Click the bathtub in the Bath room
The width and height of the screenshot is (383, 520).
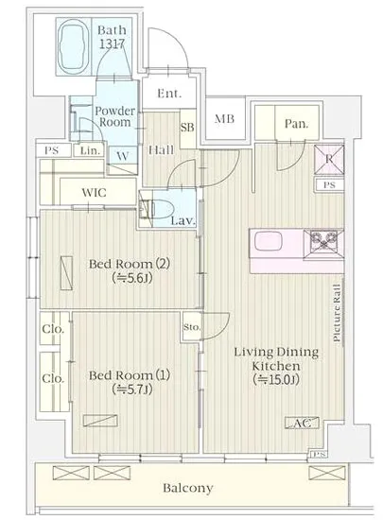click(x=73, y=46)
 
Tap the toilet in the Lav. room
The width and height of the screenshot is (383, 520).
click(x=161, y=209)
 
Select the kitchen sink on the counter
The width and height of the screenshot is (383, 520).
click(x=269, y=241)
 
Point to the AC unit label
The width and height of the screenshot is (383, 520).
click(x=302, y=423)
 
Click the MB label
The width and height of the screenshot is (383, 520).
click(x=224, y=119)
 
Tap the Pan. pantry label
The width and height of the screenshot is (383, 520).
click(x=296, y=124)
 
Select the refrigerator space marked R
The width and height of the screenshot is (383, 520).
click(x=329, y=160)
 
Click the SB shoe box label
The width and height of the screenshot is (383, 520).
click(x=187, y=127)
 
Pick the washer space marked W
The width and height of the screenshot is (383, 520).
click(x=123, y=156)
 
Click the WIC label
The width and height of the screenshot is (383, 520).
click(x=95, y=192)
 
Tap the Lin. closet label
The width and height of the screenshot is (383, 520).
click(x=90, y=151)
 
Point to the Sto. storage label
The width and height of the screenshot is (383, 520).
click(x=192, y=327)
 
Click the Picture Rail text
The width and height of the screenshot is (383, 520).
click(x=337, y=313)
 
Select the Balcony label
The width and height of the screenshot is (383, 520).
click(x=187, y=488)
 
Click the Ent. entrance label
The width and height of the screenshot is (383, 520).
click(x=169, y=94)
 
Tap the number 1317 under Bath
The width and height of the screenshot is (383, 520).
click(x=113, y=43)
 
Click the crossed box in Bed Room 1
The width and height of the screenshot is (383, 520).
click(x=100, y=421)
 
